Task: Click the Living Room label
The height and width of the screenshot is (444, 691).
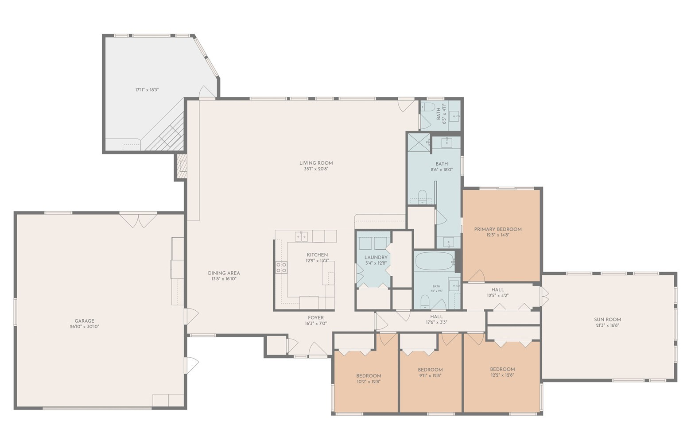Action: point(316,163)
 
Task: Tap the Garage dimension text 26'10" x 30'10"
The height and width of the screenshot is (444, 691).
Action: point(84,327)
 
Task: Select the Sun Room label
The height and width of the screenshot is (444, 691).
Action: point(607,319)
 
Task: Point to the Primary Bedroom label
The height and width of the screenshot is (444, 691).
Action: point(497,229)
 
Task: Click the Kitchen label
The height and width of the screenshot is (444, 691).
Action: point(317,255)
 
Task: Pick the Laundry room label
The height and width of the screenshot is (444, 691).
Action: point(376,257)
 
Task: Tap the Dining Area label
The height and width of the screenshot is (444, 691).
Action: point(224,273)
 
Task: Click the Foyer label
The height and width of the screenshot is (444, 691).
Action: point(316,317)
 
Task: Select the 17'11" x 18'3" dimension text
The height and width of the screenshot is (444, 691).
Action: point(147,90)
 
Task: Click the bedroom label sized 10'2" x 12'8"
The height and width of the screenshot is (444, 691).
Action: point(369,376)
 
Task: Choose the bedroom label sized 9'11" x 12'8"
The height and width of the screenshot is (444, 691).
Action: point(430,370)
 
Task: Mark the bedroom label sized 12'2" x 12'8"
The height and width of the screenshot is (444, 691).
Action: point(502,369)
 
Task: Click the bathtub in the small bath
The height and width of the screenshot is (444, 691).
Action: point(434,261)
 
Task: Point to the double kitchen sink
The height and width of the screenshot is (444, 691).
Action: point(302,236)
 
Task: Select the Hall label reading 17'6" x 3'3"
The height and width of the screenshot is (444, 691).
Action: point(436,317)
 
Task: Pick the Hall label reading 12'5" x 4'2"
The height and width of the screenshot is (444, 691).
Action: point(497,290)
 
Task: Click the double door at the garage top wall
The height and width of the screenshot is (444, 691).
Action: point(138,220)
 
